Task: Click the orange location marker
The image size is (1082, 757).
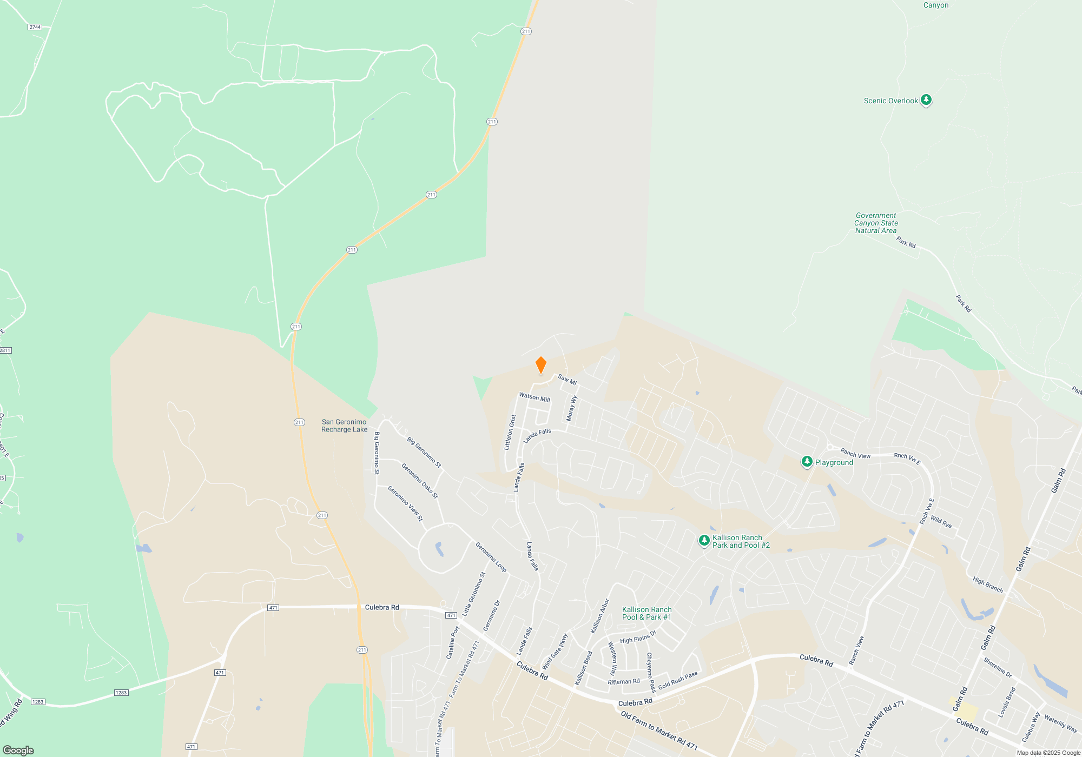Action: click(x=540, y=365)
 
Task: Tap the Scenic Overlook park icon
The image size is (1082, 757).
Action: click(x=926, y=100)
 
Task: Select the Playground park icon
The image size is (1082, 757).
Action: click(x=807, y=462)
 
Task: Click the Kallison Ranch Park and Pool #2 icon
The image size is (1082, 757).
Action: click(x=704, y=540)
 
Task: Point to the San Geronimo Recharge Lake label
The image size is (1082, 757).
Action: click(x=344, y=426)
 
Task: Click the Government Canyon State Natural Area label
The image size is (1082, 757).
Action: click(x=876, y=223)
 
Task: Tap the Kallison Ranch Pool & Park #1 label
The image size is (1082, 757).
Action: click(x=646, y=613)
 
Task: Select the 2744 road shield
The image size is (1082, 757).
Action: click(x=35, y=27)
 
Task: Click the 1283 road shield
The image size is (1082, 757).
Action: click(x=121, y=693)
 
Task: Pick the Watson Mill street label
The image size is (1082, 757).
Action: click(x=534, y=397)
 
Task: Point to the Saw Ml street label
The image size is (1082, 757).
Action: click(x=567, y=380)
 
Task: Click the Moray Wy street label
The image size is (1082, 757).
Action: click(x=571, y=408)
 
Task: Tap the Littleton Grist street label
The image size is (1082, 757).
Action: click(x=510, y=432)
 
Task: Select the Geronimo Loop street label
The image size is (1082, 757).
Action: click(x=491, y=557)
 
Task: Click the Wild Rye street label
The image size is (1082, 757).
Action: click(x=941, y=522)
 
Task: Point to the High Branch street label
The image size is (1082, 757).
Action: click(x=987, y=585)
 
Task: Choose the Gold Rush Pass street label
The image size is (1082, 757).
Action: click(x=677, y=680)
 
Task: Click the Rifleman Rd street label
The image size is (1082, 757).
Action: click(x=623, y=682)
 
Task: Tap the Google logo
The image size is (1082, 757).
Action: click(x=18, y=750)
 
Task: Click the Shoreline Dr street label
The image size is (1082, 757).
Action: click(x=997, y=667)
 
